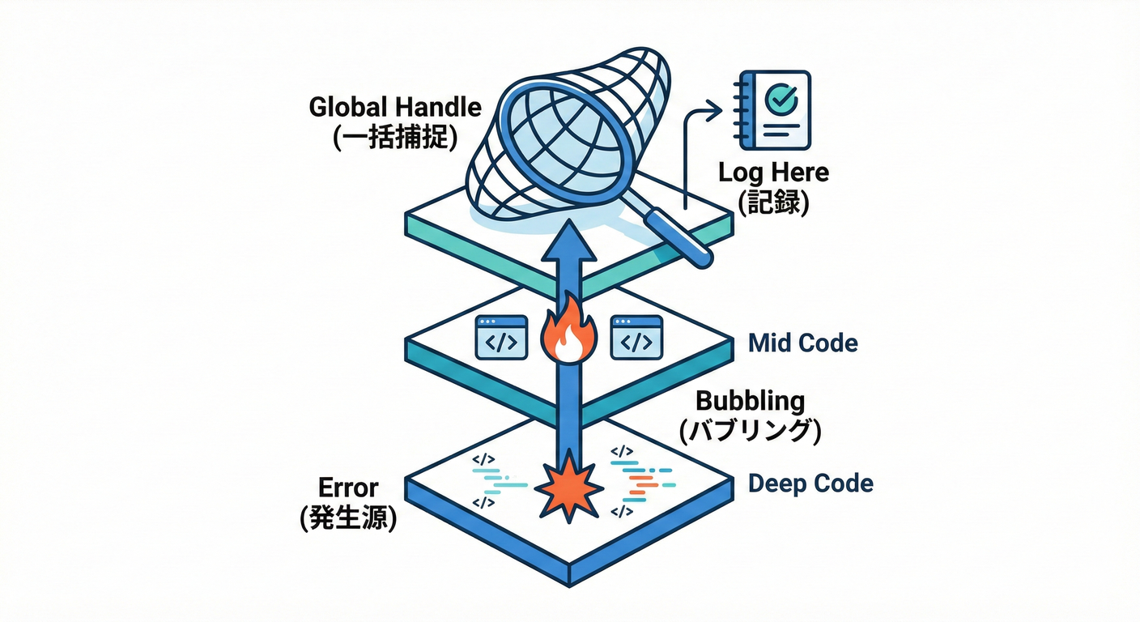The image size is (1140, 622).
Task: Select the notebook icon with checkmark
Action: tap(773, 110)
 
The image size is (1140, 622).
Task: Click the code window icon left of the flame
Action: tap(500, 337)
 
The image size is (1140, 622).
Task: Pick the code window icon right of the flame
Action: tap(636, 337)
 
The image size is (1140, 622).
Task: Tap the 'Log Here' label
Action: tap(773, 173)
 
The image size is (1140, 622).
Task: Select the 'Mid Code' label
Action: tap(802, 343)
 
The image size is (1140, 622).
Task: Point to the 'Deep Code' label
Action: tap(810, 484)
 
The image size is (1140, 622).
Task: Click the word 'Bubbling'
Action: tap(751, 400)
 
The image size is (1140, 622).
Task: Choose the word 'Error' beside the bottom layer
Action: tap(348, 488)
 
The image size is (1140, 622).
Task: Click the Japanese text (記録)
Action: tap(773, 202)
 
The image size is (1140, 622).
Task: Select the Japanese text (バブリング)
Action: tap(750, 431)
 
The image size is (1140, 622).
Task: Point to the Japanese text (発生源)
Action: tap(348, 518)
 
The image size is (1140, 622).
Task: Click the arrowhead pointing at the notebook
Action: tap(714, 109)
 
